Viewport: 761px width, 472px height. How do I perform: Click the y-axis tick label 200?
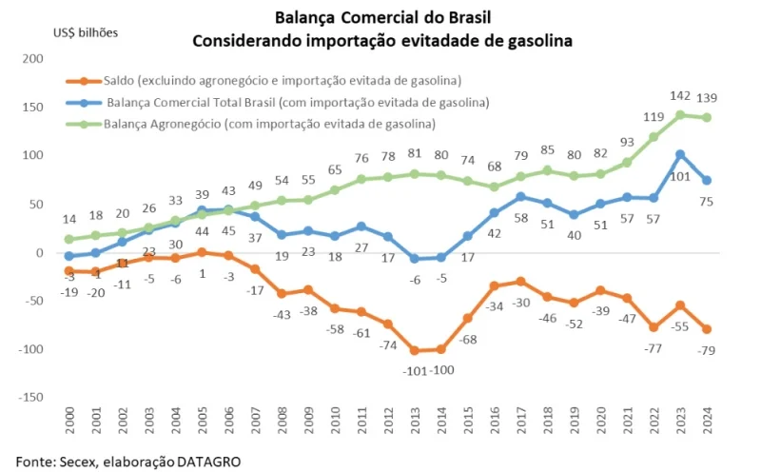coord(33,58)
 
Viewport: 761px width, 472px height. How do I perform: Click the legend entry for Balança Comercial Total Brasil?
coord(298,103)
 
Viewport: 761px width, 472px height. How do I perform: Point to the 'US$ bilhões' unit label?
coord(86,33)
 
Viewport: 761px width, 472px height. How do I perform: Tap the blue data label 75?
coord(708,202)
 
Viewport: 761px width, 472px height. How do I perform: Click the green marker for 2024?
coord(707,118)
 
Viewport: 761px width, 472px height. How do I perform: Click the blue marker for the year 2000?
coord(68,255)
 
